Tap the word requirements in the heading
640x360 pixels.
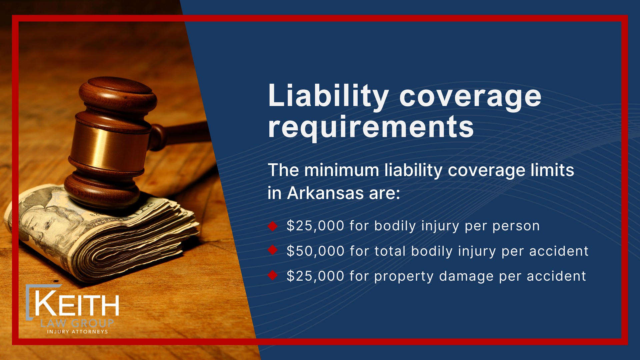point(371,127)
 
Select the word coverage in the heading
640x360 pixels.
point(470,99)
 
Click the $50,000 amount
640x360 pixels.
point(315,251)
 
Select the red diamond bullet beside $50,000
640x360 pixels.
point(273,250)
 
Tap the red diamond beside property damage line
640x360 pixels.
point(273,275)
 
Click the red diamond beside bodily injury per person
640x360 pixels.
point(273,226)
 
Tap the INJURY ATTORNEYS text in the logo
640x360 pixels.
point(77,332)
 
